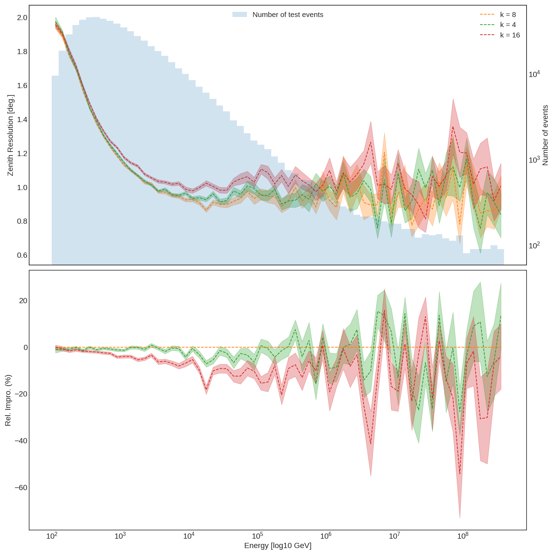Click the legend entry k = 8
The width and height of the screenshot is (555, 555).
508,15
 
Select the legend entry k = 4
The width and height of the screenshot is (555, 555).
508,25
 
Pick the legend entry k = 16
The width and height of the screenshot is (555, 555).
510,35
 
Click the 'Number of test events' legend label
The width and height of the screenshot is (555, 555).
288,15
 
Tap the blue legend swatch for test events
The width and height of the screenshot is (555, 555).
240,15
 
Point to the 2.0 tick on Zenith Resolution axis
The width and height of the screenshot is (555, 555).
22,18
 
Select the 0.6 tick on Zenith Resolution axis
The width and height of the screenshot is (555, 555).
22,256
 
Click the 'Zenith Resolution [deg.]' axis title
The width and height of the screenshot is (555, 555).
10,135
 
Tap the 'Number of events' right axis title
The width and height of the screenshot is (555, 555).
545,135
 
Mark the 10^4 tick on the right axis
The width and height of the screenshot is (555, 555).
534,74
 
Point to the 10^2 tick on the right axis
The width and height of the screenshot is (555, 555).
534,246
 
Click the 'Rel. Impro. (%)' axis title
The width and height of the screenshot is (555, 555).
8,400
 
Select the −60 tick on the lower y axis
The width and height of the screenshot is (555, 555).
20,488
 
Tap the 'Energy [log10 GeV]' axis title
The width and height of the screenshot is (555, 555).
277,546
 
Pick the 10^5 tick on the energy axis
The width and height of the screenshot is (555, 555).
257,536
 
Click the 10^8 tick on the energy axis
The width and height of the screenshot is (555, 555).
463,536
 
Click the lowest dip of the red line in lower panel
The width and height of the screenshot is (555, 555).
460,474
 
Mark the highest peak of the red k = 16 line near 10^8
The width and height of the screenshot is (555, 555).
453,127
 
